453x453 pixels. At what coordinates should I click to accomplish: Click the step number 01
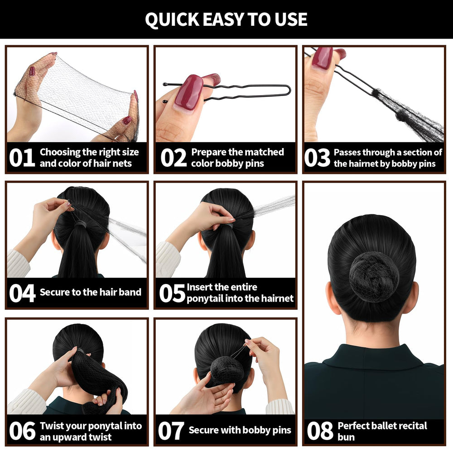click(x=22, y=158)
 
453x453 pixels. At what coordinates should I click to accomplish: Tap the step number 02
click(x=173, y=158)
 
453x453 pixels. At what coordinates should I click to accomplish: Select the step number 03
click(x=317, y=158)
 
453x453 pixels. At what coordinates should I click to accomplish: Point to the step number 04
click(x=22, y=293)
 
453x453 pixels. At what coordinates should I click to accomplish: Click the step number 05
click(x=172, y=293)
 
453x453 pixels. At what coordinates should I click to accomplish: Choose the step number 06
click(x=22, y=431)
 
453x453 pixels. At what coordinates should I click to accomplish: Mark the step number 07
click(x=171, y=431)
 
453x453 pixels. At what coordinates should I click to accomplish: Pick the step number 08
click(x=320, y=431)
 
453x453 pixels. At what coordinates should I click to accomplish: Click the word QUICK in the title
click(x=172, y=19)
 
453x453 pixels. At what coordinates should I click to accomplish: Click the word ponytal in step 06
click(x=106, y=426)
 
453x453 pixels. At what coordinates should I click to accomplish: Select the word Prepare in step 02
click(x=208, y=152)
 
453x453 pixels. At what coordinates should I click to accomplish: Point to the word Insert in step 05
click(x=199, y=287)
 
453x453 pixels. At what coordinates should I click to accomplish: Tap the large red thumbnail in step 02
click(x=189, y=92)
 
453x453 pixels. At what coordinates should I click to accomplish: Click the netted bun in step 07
click(x=227, y=371)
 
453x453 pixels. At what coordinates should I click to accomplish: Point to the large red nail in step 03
click(x=323, y=58)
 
